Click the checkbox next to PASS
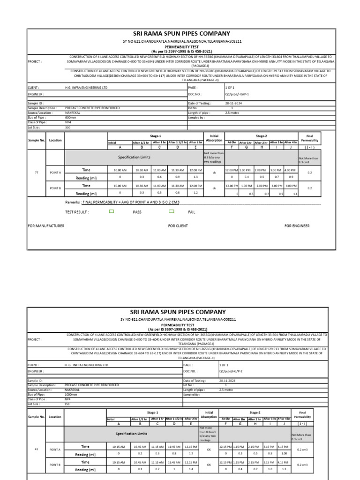coord(112,212)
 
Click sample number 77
coord(37,173)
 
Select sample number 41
coord(37,449)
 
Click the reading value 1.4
coord(191,469)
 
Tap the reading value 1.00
coord(284,453)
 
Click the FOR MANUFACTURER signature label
coord(46,226)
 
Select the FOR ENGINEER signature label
coord(297,226)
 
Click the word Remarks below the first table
coord(73,202)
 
